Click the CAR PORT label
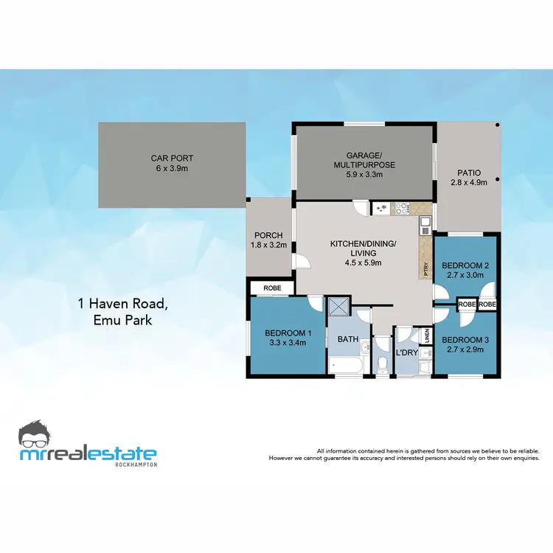pyautogui.click(x=172, y=158)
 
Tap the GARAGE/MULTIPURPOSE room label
pyautogui.click(x=364, y=160)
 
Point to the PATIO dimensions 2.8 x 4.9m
pyautogui.click(x=468, y=183)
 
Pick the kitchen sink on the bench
pyautogui.click(x=425, y=223)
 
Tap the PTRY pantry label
pyautogui.click(x=426, y=271)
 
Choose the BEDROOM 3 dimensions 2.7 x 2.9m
pyautogui.click(x=463, y=349)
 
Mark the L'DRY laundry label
pyautogui.click(x=408, y=353)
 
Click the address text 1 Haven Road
pyautogui.click(x=114, y=303)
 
